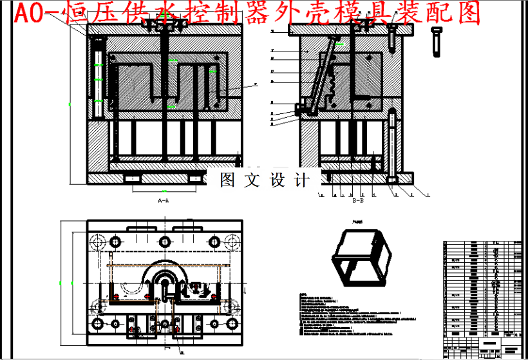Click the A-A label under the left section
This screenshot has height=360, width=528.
[164, 201]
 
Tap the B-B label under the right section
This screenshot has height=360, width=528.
[358, 201]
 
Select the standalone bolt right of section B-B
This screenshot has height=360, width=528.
[438, 43]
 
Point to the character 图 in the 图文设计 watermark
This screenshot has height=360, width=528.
[227, 180]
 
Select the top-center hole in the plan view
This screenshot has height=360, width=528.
[164, 241]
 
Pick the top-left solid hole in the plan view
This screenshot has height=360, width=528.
[116, 241]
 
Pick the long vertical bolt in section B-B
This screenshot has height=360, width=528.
[391, 145]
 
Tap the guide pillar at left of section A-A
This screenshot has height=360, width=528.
[98, 77]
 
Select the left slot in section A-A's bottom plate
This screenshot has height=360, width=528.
[134, 177]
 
